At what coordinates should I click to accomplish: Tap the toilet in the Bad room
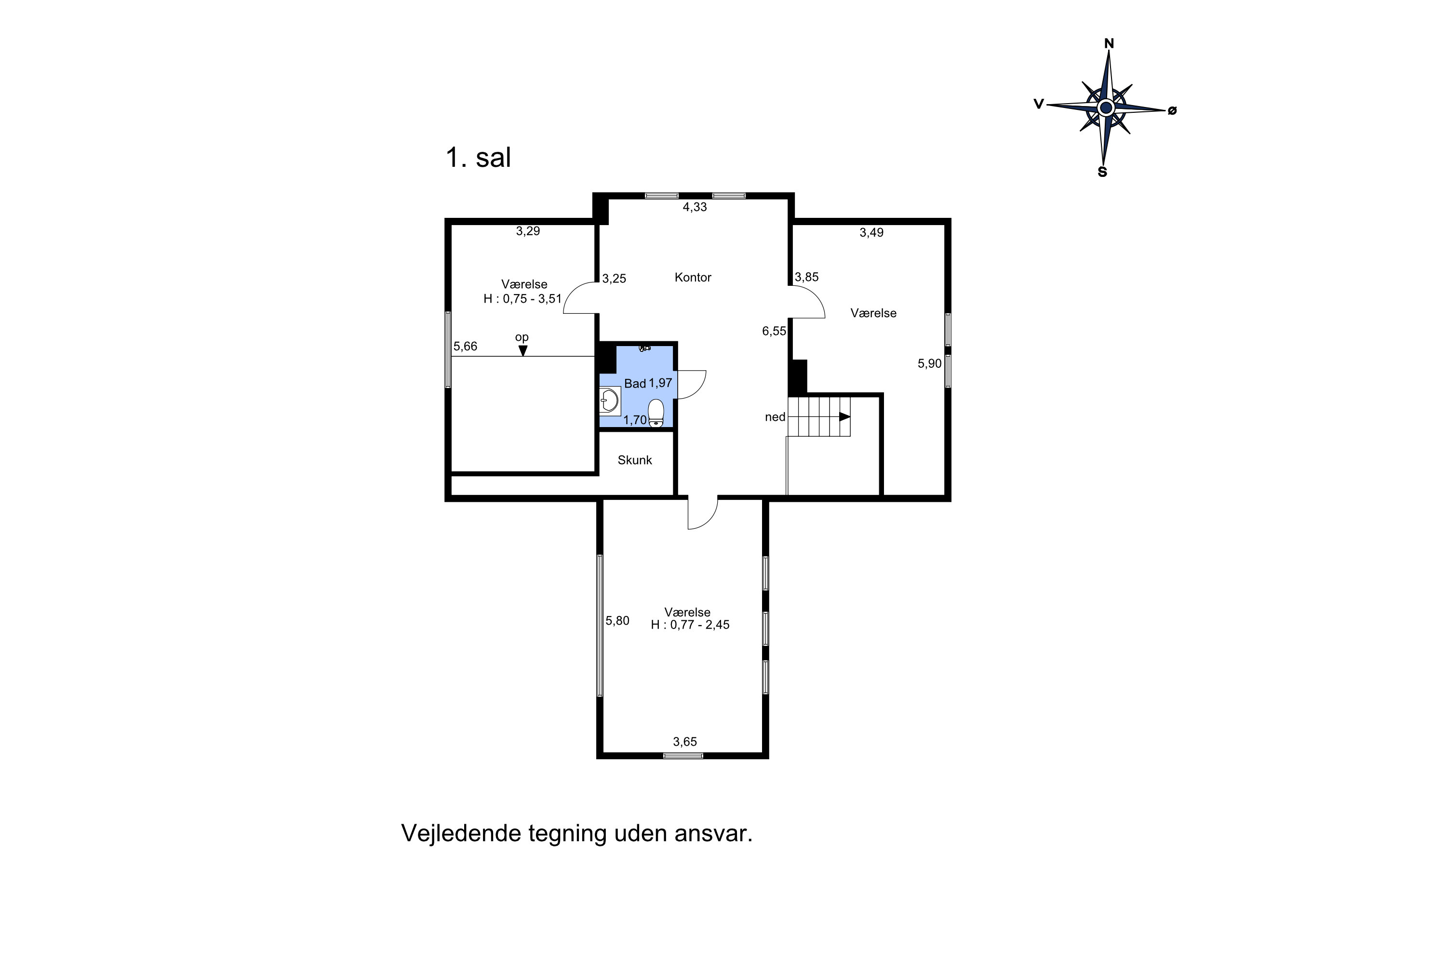[656, 413]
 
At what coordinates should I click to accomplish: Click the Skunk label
[634, 460]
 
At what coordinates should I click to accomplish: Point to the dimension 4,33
[695, 207]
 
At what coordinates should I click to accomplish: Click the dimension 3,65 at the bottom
[685, 741]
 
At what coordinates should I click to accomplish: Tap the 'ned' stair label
[775, 417]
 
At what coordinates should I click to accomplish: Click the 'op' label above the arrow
[522, 337]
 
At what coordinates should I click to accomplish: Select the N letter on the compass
[1109, 43]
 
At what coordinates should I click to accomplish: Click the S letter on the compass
[1102, 173]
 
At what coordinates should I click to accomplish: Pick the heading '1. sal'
[478, 158]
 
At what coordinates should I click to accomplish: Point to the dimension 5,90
[929, 363]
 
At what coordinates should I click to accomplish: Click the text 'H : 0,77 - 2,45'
[690, 625]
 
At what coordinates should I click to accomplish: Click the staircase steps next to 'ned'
[817, 416]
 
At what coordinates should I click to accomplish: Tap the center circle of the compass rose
[1106, 108]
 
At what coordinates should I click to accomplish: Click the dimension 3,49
[871, 232]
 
